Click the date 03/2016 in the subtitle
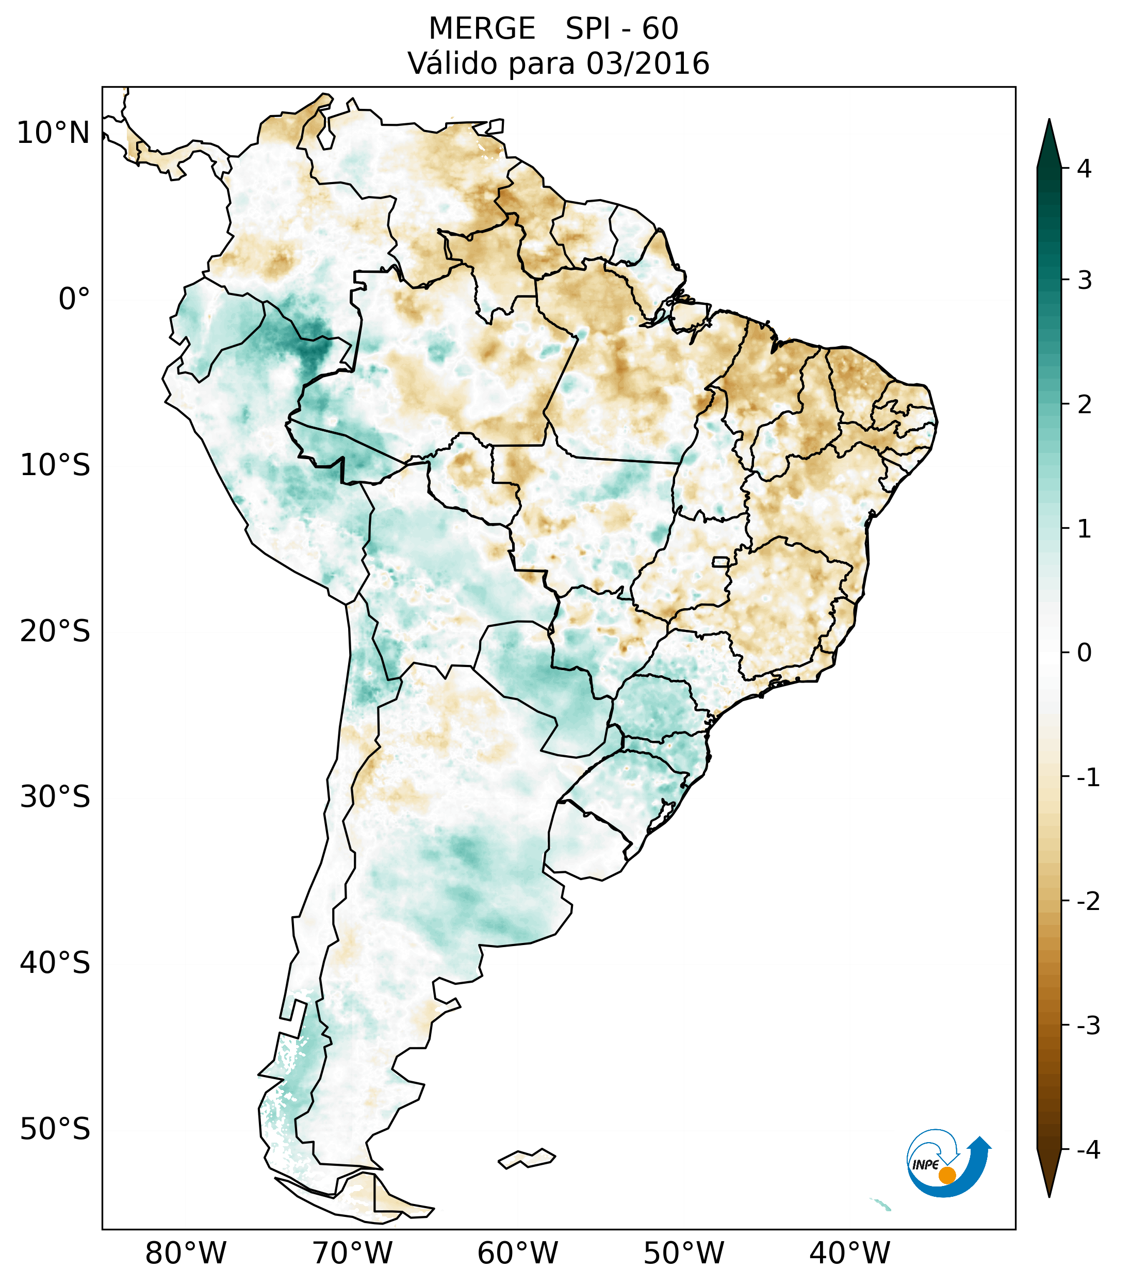(647, 63)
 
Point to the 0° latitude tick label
(74, 299)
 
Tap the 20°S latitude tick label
(55, 631)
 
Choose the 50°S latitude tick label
(55, 1130)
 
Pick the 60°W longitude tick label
(517, 1254)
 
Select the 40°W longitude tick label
(850, 1254)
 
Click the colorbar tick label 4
(1084, 169)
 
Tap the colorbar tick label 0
(1084, 653)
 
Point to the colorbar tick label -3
(1088, 1026)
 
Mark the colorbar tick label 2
(1084, 405)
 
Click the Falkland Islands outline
(527, 1159)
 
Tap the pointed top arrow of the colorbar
(1049, 141)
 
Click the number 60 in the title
(660, 29)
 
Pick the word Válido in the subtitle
(453, 63)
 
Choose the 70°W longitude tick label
(352, 1254)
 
